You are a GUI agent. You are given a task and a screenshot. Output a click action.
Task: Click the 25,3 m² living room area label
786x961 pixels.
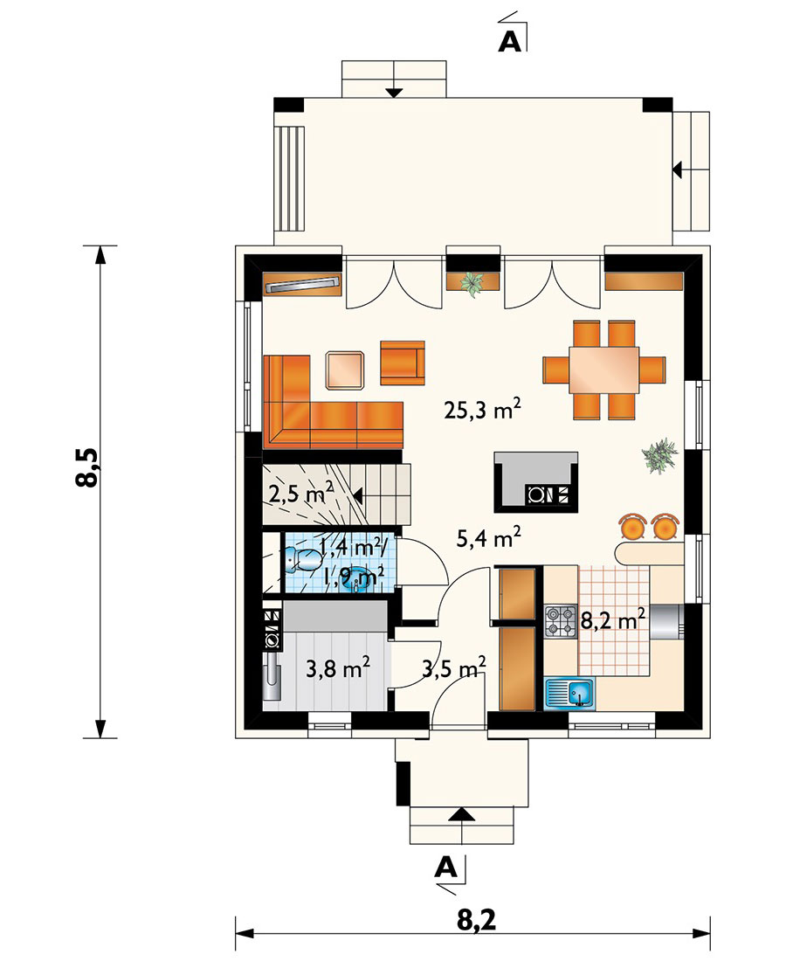coord(483,409)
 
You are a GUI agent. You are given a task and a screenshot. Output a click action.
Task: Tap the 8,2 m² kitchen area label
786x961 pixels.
coord(612,619)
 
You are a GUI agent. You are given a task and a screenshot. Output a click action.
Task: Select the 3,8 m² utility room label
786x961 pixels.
coord(338,668)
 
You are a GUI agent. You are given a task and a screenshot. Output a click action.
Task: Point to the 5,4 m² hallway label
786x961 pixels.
coord(489,537)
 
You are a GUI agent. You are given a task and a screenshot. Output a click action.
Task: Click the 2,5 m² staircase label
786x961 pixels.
coord(300,492)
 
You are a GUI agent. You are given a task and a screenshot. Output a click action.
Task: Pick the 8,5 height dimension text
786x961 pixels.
coord(87,467)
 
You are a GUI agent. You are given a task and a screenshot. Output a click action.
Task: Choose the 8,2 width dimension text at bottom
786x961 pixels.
coord(476,920)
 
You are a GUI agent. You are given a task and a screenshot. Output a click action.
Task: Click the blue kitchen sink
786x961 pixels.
coord(569,693)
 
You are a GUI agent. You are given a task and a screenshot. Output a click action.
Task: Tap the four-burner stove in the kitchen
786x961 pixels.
coord(561,620)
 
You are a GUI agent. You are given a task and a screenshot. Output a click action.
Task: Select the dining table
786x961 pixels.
coord(603,370)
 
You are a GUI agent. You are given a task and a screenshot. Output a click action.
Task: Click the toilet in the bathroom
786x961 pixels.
coord(303,557)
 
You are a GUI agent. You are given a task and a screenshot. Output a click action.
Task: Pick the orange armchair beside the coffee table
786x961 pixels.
coord(403,363)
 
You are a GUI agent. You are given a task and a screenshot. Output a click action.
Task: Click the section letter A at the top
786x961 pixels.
coord(510,40)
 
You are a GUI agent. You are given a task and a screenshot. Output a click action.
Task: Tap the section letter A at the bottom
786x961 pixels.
coord(446,867)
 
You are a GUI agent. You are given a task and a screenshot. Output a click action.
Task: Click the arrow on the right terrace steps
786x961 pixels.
coord(678,169)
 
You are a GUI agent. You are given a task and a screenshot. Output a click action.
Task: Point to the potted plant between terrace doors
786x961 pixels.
coord(472,283)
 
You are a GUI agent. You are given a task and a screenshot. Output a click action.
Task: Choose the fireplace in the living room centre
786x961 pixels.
coord(536,481)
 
